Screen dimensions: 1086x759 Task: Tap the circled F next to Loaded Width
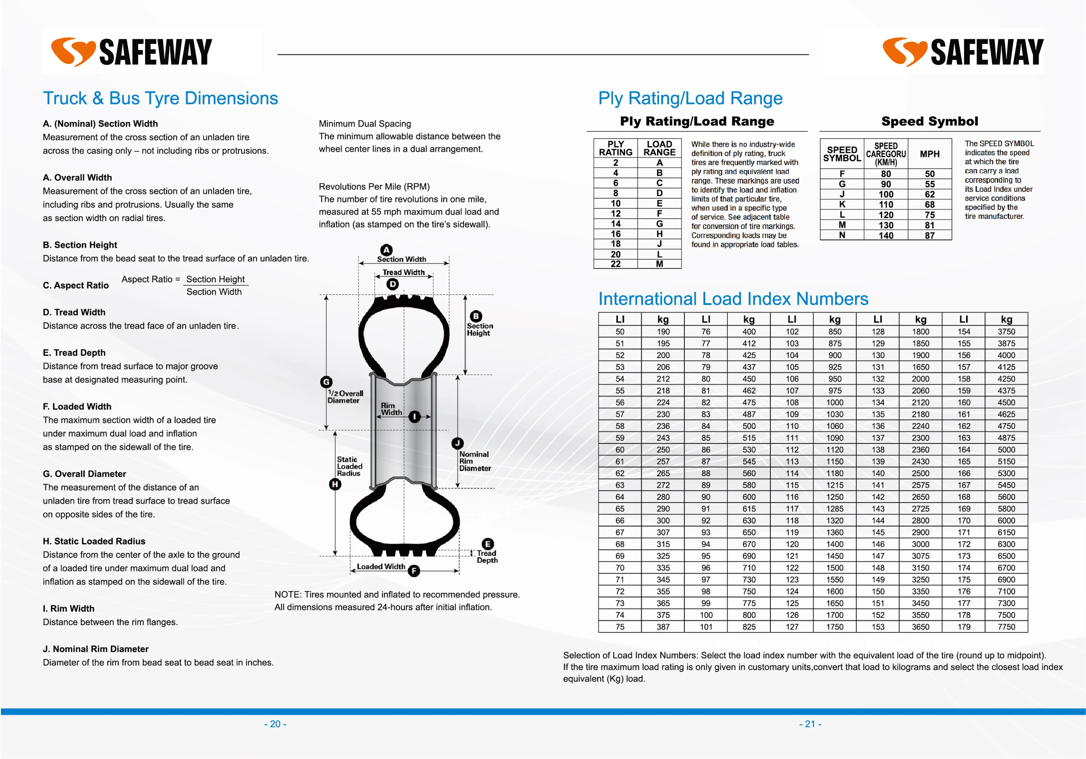click(414, 571)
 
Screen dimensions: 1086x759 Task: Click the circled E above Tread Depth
click(488, 544)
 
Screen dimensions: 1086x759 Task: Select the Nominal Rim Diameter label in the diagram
click(475, 461)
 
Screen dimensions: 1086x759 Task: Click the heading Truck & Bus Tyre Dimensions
click(160, 98)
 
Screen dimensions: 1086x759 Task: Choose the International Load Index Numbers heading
click(733, 299)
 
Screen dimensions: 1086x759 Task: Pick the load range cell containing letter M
click(659, 264)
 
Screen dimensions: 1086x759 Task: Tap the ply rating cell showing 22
click(615, 264)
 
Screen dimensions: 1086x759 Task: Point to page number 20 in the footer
click(275, 724)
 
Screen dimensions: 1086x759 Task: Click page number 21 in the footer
click(810, 724)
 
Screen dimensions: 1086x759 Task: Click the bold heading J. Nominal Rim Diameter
click(96, 649)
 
